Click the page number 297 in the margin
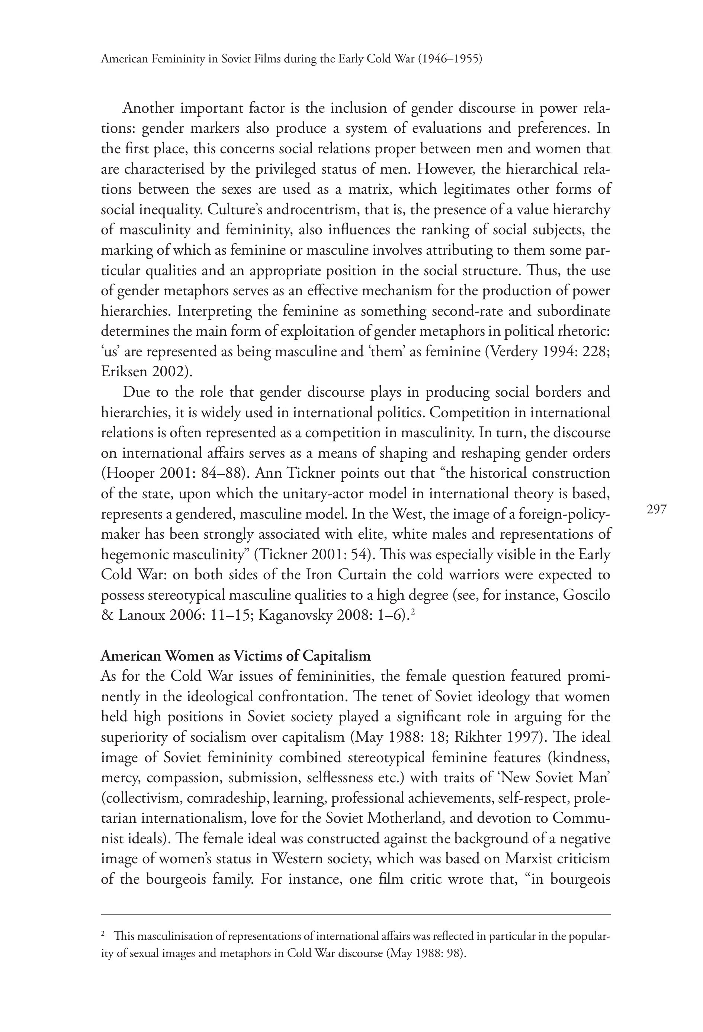point(657,509)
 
